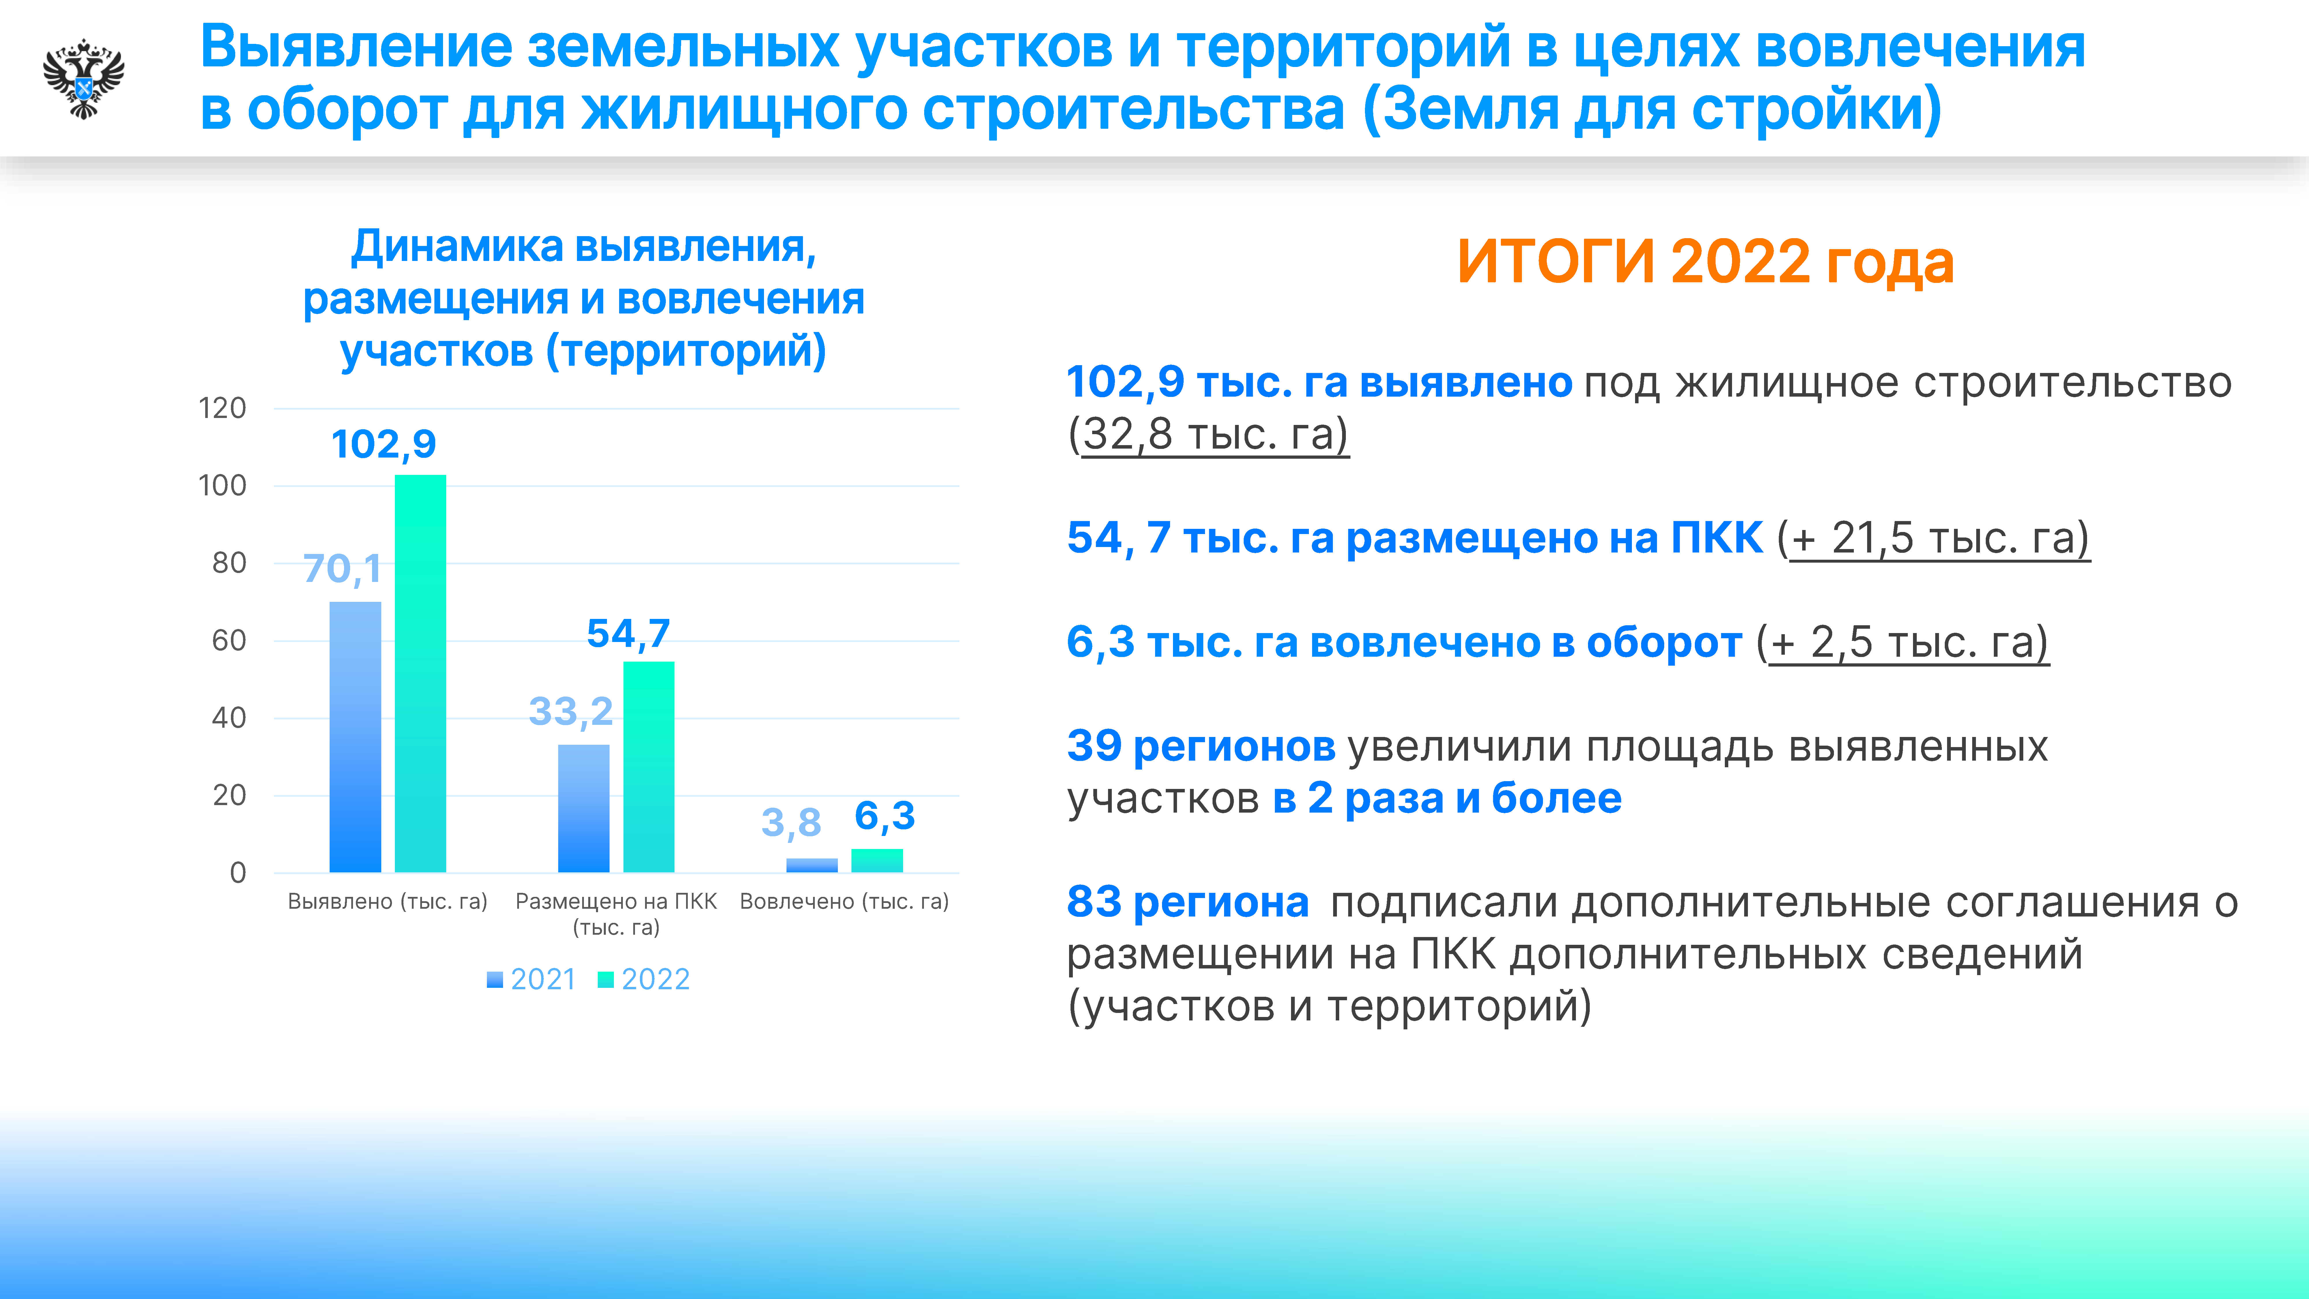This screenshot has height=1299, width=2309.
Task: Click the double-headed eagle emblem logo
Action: [83, 79]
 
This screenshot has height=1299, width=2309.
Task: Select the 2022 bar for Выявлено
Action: [421, 673]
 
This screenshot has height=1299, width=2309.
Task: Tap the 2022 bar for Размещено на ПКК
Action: [649, 766]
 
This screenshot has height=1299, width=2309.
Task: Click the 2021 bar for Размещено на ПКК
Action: [584, 809]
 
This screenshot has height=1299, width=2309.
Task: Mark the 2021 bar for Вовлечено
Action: [812, 865]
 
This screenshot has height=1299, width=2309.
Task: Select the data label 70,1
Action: [342, 568]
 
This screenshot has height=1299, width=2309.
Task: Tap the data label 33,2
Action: [571, 712]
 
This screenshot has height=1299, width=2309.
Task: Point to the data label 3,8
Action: [791, 822]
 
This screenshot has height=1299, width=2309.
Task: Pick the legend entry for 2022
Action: [644, 979]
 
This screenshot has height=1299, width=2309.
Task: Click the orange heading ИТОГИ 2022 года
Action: [1705, 262]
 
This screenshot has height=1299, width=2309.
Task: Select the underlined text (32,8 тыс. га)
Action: [1208, 435]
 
